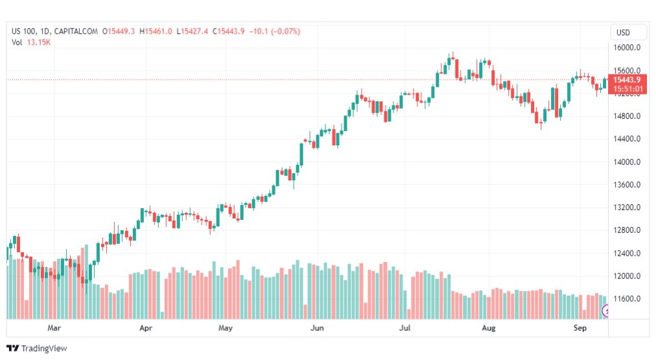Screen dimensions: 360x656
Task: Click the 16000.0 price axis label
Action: [628, 48]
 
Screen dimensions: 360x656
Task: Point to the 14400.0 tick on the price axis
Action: [628, 139]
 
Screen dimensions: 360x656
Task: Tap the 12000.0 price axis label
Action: [628, 276]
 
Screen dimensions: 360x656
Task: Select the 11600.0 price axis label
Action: [628, 299]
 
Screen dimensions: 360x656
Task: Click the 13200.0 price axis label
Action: [628, 208]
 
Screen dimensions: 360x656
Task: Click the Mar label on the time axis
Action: [54, 328]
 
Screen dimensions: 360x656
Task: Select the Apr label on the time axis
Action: [146, 328]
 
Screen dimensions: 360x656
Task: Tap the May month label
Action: [225, 328]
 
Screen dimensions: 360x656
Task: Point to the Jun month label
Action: [317, 328]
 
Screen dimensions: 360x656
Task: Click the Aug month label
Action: [489, 328]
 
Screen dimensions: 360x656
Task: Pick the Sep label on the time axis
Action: [580, 328]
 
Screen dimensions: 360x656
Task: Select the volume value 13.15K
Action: [39, 42]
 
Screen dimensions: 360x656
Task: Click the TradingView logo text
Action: [44, 348]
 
